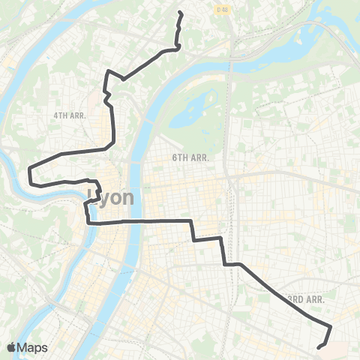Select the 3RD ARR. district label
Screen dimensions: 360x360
click(304, 298)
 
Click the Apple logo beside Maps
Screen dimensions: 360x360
click(11, 347)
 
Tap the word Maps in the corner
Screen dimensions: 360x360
click(34, 347)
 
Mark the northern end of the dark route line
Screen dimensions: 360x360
click(180, 13)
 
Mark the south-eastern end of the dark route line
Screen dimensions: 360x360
click(319, 347)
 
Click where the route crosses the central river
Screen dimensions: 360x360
click(134, 222)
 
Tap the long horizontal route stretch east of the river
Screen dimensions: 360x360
click(165, 221)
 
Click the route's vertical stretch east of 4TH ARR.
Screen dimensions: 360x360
click(112, 120)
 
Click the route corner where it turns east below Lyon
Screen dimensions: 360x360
click(89, 223)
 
